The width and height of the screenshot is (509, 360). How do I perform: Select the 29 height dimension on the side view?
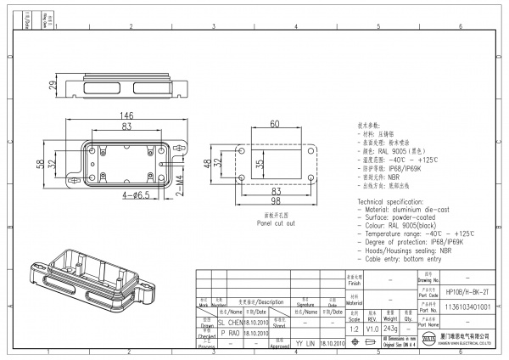(53, 87)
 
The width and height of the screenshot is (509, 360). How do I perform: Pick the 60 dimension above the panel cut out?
(275, 124)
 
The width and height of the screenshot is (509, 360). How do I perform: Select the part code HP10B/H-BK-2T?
(467, 290)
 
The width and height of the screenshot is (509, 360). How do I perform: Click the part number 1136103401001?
(467, 305)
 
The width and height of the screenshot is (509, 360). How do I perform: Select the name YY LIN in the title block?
(305, 344)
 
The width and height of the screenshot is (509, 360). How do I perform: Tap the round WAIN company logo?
(428, 342)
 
